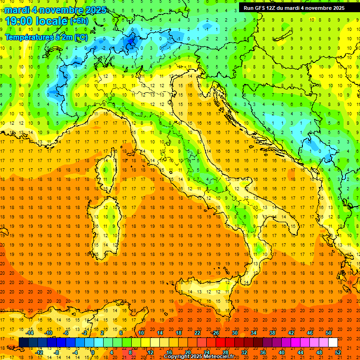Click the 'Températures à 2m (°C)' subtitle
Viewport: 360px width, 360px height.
click(46, 37)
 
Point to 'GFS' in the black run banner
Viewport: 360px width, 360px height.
click(262, 7)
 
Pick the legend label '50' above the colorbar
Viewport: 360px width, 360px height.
click(328, 333)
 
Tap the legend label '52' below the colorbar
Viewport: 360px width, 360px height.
click(337, 352)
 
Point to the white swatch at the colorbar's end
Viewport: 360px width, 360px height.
click(333, 343)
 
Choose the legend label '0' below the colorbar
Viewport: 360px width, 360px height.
click(93, 352)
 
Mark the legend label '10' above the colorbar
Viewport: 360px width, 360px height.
click(141, 333)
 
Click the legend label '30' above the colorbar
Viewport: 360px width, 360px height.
click(234, 333)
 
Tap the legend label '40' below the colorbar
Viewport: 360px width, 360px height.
click(281, 352)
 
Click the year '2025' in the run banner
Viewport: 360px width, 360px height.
click(336, 7)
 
